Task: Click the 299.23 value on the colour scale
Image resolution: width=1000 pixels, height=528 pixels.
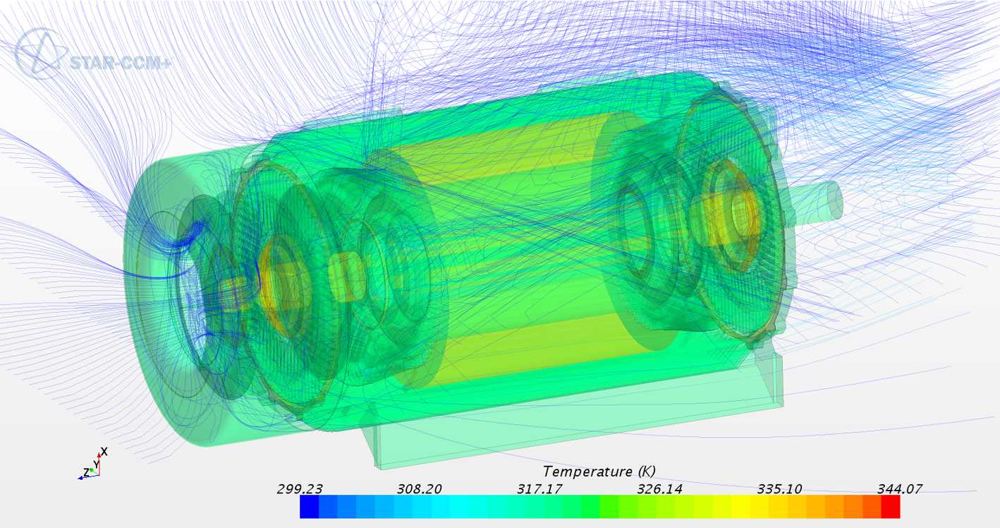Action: coord(300,489)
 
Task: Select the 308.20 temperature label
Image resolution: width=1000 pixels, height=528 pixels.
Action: coord(419,489)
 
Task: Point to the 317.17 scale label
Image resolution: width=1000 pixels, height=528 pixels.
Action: coord(539,489)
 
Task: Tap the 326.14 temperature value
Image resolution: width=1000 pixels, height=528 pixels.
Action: coord(659,489)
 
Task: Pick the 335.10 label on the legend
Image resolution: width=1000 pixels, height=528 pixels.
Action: coord(779,489)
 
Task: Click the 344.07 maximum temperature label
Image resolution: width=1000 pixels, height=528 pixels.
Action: coord(900,489)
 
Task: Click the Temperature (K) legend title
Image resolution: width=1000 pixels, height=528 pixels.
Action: coord(599,472)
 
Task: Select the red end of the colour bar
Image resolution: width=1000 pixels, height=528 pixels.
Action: coord(891,507)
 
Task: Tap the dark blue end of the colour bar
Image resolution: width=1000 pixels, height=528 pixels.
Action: coord(309,507)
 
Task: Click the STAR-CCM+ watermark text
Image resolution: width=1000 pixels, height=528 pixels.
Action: coord(120,63)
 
